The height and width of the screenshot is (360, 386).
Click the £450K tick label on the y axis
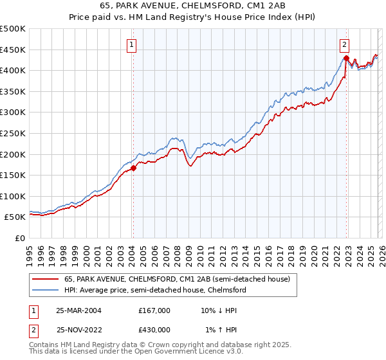(13, 50)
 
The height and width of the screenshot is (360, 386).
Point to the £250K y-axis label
(13, 133)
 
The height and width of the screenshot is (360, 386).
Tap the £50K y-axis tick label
(15, 217)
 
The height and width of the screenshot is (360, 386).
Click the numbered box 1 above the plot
(131, 45)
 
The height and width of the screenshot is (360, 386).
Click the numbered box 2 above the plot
(345, 45)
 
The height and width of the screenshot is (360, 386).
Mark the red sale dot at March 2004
(133, 168)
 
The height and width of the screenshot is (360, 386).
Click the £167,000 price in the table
(154, 310)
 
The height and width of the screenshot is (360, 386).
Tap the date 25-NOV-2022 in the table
(82, 329)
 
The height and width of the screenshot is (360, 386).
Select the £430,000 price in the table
(154, 329)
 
